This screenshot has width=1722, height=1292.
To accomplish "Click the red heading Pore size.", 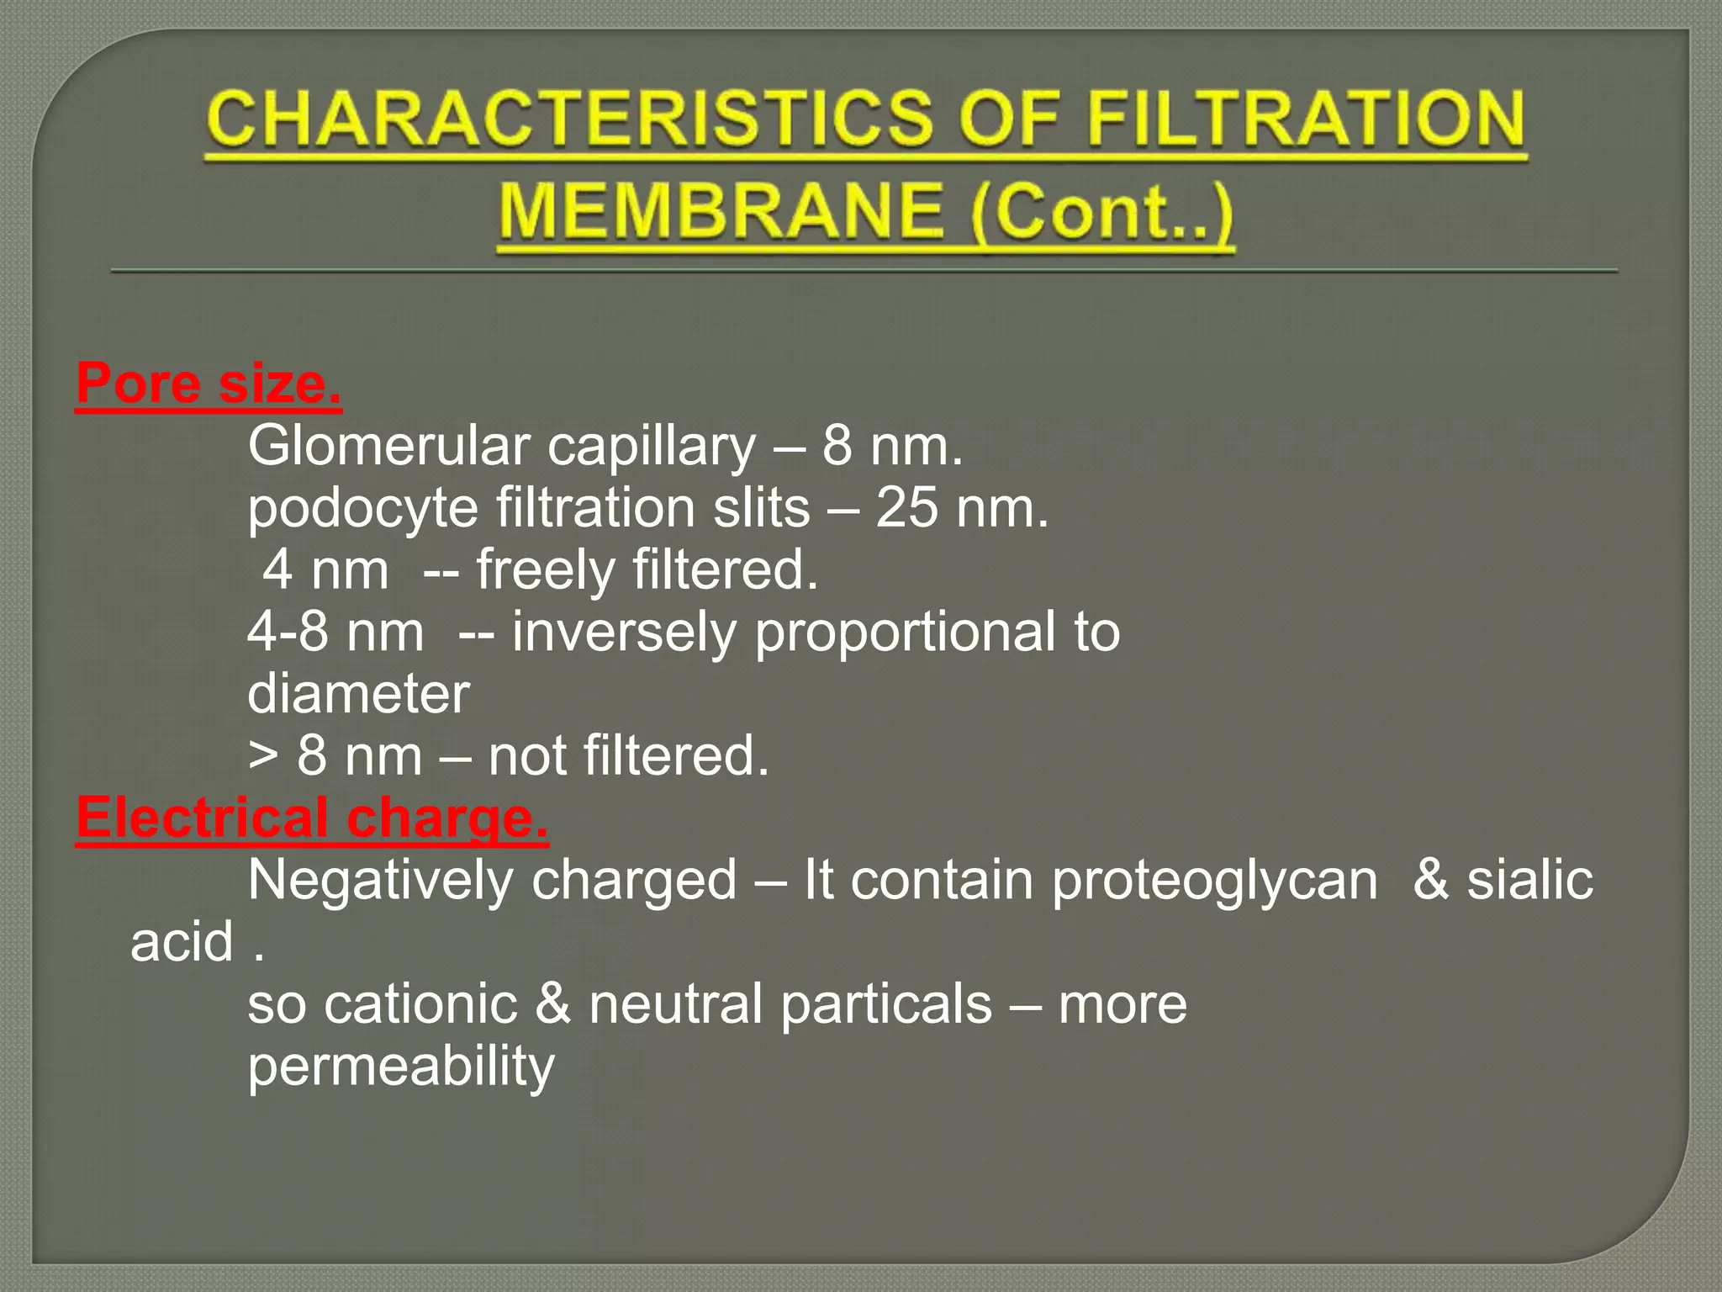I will click(x=209, y=384).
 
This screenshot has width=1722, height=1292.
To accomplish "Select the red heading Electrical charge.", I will click(x=312, y=818).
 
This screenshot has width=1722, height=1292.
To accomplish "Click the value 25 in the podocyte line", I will click(x=906, y=508).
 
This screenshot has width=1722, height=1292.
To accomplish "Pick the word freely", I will click(x=547, y=570).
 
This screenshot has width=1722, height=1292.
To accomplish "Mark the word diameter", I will click(x=358, y=694).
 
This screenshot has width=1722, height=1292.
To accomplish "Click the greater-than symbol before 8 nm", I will click(x=262, y=755).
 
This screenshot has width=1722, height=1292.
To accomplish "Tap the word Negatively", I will click(x=380, y=881).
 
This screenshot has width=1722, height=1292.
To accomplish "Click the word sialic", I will click(x=1529, y=881).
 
